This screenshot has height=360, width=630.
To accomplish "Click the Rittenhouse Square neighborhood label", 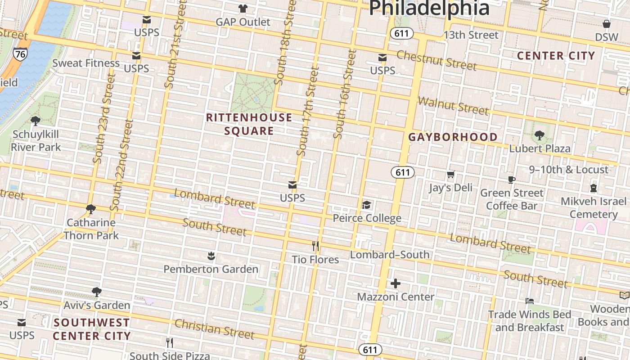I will (x=249, y=124).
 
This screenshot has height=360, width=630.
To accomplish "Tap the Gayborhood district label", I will (x=453, y=137).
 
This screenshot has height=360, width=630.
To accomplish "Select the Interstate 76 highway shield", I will (x=19, y=54).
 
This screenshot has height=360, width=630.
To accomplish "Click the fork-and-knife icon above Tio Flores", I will (x=315, y=246).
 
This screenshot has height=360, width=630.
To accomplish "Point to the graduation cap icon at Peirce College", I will (x=367, y=205).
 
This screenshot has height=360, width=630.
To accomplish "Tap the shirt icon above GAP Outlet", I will (x=243, y=8).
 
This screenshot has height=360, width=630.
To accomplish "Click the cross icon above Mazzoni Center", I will (x=396, y=283).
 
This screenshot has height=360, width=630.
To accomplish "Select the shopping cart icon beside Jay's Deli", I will (x=451, y=174).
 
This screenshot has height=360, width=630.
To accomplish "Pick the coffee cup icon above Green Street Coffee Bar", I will (x=512, y=180).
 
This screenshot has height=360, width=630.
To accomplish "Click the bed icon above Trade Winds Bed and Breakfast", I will (x=530, y=301).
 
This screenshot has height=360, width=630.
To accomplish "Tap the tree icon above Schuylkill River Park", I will (x=36, y=121).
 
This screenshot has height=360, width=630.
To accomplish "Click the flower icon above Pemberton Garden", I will (x=211, y=256).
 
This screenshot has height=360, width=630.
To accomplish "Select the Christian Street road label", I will (x=214, y=329).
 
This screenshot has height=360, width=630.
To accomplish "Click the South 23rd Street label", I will (x=105, y=118).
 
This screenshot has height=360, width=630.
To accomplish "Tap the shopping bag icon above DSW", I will (x=607, y=24).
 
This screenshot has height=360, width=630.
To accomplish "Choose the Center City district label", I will (x=556, y=56).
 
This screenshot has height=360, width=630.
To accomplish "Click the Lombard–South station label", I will (x=390, y=255).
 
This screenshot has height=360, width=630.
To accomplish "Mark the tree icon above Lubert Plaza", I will (x=539, y=135).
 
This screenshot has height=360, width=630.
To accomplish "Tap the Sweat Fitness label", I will (x=86, y=63).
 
